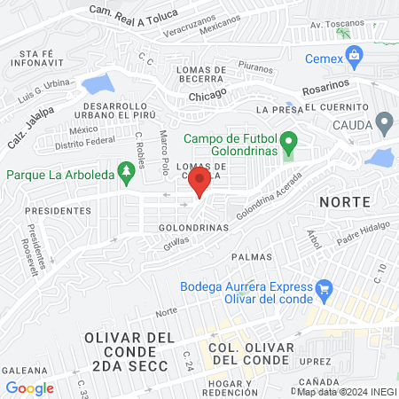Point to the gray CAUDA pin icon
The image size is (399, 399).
click(384, 121)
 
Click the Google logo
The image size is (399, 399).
click(29, 387)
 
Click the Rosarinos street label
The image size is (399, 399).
click(326, 90)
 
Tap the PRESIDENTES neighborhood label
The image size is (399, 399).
click(57, 211)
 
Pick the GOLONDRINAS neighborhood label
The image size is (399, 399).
click(193, 227)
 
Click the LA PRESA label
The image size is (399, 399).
click(274, 109)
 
